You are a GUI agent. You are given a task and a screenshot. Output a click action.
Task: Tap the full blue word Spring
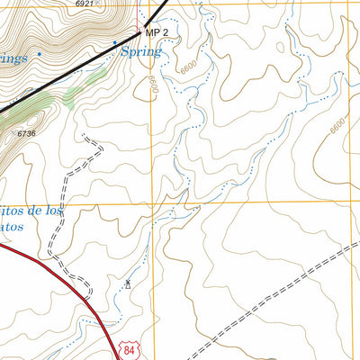coord(141,51)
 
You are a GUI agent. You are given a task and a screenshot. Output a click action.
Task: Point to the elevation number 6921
coord(85,4)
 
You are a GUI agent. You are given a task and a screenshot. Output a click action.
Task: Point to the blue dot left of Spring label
coord(114,42)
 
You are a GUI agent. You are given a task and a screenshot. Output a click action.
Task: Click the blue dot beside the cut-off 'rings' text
coord(40,56)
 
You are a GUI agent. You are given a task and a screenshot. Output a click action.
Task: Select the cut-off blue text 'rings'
coord(13,57)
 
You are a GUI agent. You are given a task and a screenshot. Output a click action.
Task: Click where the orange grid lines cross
coord(152,202)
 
